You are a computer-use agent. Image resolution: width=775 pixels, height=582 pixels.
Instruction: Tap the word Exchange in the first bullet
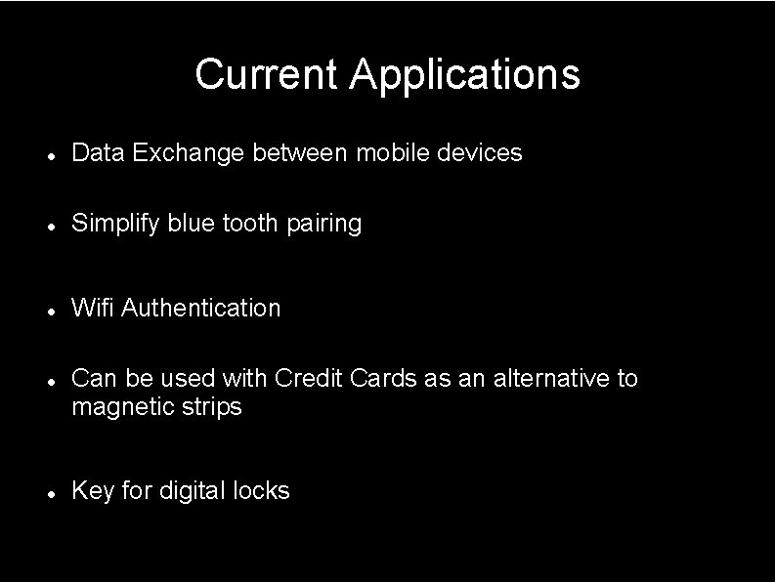coord(189,153)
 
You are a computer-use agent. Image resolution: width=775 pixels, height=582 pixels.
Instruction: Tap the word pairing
coord(323,224)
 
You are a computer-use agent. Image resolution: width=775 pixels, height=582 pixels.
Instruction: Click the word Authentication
coord(201,309)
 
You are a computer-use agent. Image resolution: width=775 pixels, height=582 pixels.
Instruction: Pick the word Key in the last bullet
coord(93,491)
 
